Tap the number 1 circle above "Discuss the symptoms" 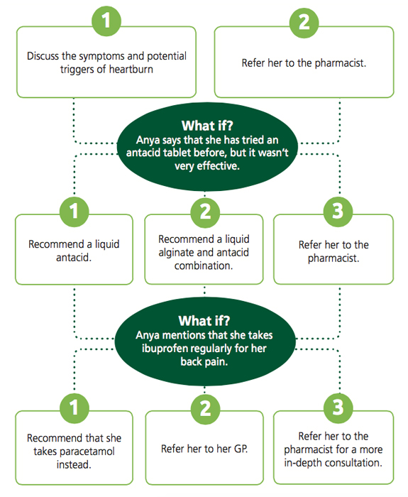tap(106, 21)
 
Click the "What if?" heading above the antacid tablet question tap(207, 126)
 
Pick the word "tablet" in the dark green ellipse tap(177, 153)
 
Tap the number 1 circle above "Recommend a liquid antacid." tap(74, 212)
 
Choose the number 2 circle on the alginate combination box tap(205, 212)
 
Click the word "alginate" tap(175, 253)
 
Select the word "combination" tap(204, 266)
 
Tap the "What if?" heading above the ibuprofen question tap(204, 321)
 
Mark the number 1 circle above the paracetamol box tap(74, 408)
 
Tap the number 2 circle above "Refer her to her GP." tap(205, 408)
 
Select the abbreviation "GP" tap(241, 449)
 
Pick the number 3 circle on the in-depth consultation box tap(338, 408)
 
